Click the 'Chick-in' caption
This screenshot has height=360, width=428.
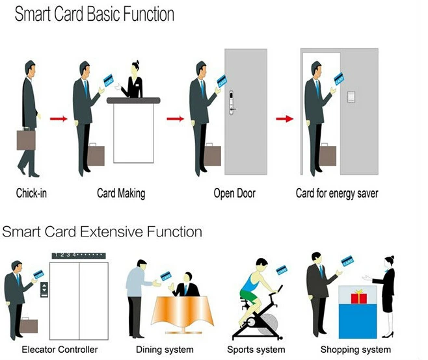coord(31,193)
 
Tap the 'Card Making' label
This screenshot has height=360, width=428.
coord(121,193)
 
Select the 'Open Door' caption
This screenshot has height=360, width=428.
coord(234,193)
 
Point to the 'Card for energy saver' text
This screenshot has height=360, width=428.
coord(337,193)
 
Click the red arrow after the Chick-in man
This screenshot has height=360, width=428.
coord(59,118)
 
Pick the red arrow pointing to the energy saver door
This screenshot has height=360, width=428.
coord(284,118)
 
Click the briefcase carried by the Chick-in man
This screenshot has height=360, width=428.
coord(27,140)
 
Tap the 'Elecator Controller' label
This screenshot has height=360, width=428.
coord(60,350)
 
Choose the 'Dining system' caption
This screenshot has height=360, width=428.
coord(165,350)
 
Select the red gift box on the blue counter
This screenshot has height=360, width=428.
coord(359,298)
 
